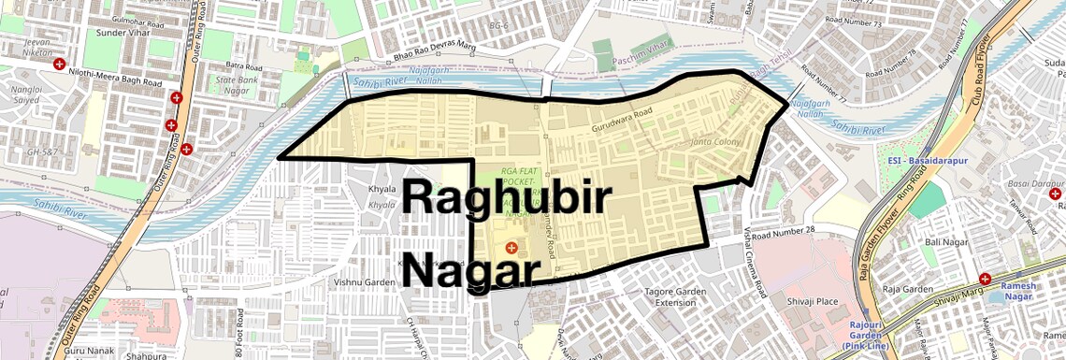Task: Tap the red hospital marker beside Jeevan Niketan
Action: (60, 65)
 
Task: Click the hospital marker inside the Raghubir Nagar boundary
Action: (511, 247)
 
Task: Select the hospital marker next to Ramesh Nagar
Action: (985, 280)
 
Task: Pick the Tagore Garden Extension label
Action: (676, 297)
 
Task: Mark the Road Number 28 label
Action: (782, 232)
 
